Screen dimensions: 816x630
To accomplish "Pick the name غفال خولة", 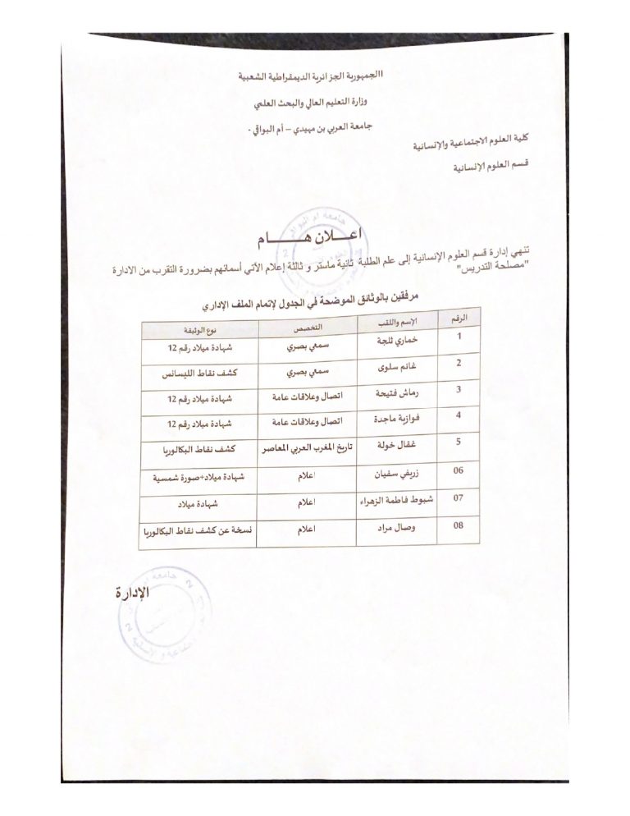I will pos(397,451).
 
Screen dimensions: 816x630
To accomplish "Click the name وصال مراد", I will pos(396,530).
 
